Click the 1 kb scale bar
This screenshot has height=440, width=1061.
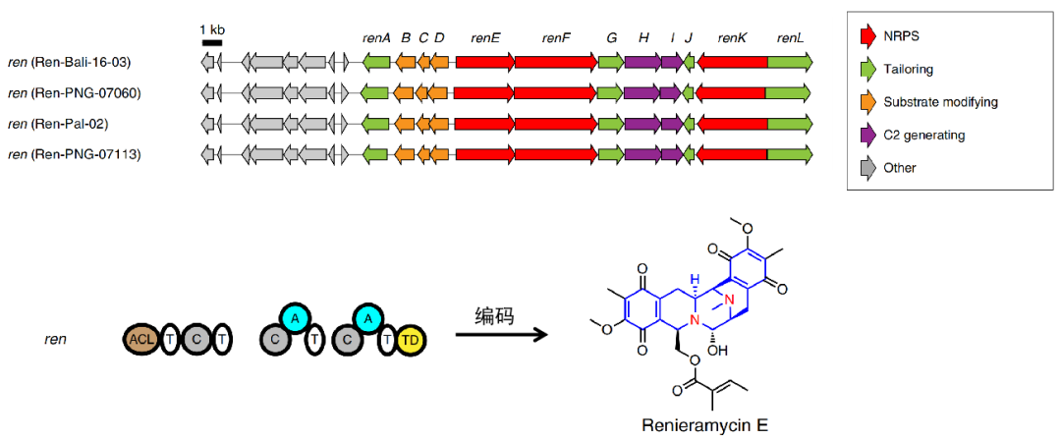pyautogui.click(x=211, y=42)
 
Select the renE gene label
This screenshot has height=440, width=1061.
pyautogui.click(x=485, y=37)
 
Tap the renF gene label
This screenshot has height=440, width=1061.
pyautogui.click(x=556, y=37)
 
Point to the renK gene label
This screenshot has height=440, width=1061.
pyautogui.click(x=732, y=37)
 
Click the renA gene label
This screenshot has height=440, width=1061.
pyautogui.click(x=376, y=37)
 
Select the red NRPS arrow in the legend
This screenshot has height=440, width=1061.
pyautogui.click(x=867, y=37)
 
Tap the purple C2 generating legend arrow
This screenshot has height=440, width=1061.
pyautogui.click(x=867, y=135)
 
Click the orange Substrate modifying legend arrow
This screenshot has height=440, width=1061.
pyautogui.click(x=867, y=102)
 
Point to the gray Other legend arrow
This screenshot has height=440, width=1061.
pyautogui.click(x=867, y=167)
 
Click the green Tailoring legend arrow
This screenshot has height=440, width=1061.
pyautogui.click(x=867, y=70)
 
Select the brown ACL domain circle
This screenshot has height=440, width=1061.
pyautogui.click(x=140, y=339)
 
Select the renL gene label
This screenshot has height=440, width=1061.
pyautogui.click(x=790, y=37)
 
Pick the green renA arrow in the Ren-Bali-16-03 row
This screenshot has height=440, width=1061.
pyautogui.click(x=376, y=63)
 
